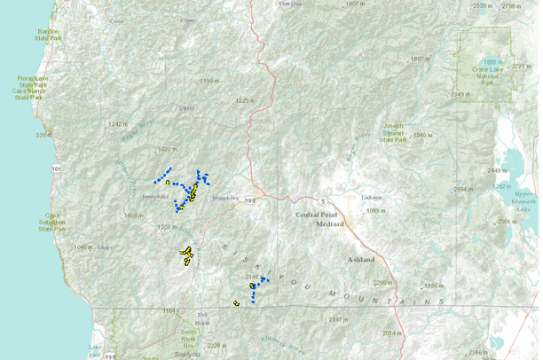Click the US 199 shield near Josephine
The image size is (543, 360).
253,200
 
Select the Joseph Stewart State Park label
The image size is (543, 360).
397,132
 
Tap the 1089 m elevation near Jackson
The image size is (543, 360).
377,210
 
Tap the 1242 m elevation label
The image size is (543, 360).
118,124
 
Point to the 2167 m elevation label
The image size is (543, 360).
337,319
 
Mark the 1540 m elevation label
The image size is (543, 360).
421,135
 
